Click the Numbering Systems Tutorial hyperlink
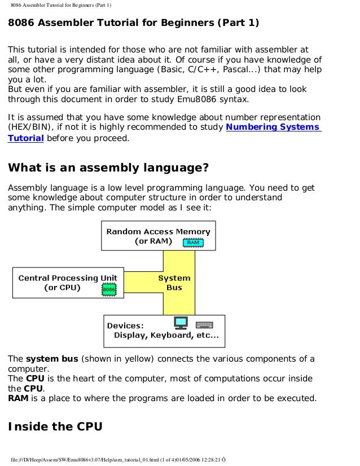click(273, 128)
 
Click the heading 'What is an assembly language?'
click(108, 168)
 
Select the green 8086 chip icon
click(109, 290)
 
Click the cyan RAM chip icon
click(193, 243)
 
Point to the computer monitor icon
click(181, 323)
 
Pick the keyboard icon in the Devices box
click(204, 324)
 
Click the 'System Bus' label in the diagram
click(174, 283)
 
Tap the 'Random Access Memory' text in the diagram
click(158, 231)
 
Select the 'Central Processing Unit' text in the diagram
click(68, 278)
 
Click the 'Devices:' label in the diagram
click(125, 326)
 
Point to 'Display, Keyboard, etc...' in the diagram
click(166, 336)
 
